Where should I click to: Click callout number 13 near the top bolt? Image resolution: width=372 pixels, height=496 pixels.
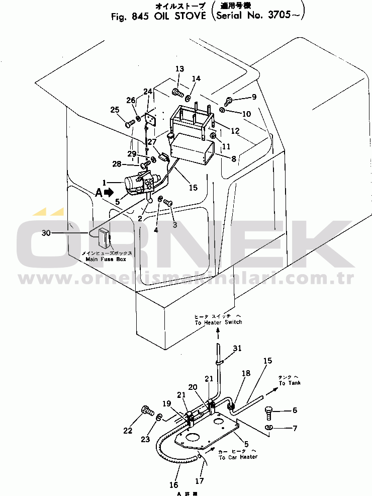(x=179, y=69)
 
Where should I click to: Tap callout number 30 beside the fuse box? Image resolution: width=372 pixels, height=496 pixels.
(x=46, y=233)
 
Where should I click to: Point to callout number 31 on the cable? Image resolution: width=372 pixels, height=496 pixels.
(x=237, y=348)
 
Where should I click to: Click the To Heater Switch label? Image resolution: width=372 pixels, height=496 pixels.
(x=218, y=322)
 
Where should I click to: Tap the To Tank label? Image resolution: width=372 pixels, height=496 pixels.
(x=289, y=383)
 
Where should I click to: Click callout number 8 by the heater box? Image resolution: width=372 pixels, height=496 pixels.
(x=233, y=159)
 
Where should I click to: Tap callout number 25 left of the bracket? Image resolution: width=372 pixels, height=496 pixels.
(x=115, y=110)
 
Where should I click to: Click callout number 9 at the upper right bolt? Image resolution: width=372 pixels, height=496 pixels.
(x=254, y=97)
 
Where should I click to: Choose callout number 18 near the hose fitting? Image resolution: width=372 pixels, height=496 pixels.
(x=246, y=373)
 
